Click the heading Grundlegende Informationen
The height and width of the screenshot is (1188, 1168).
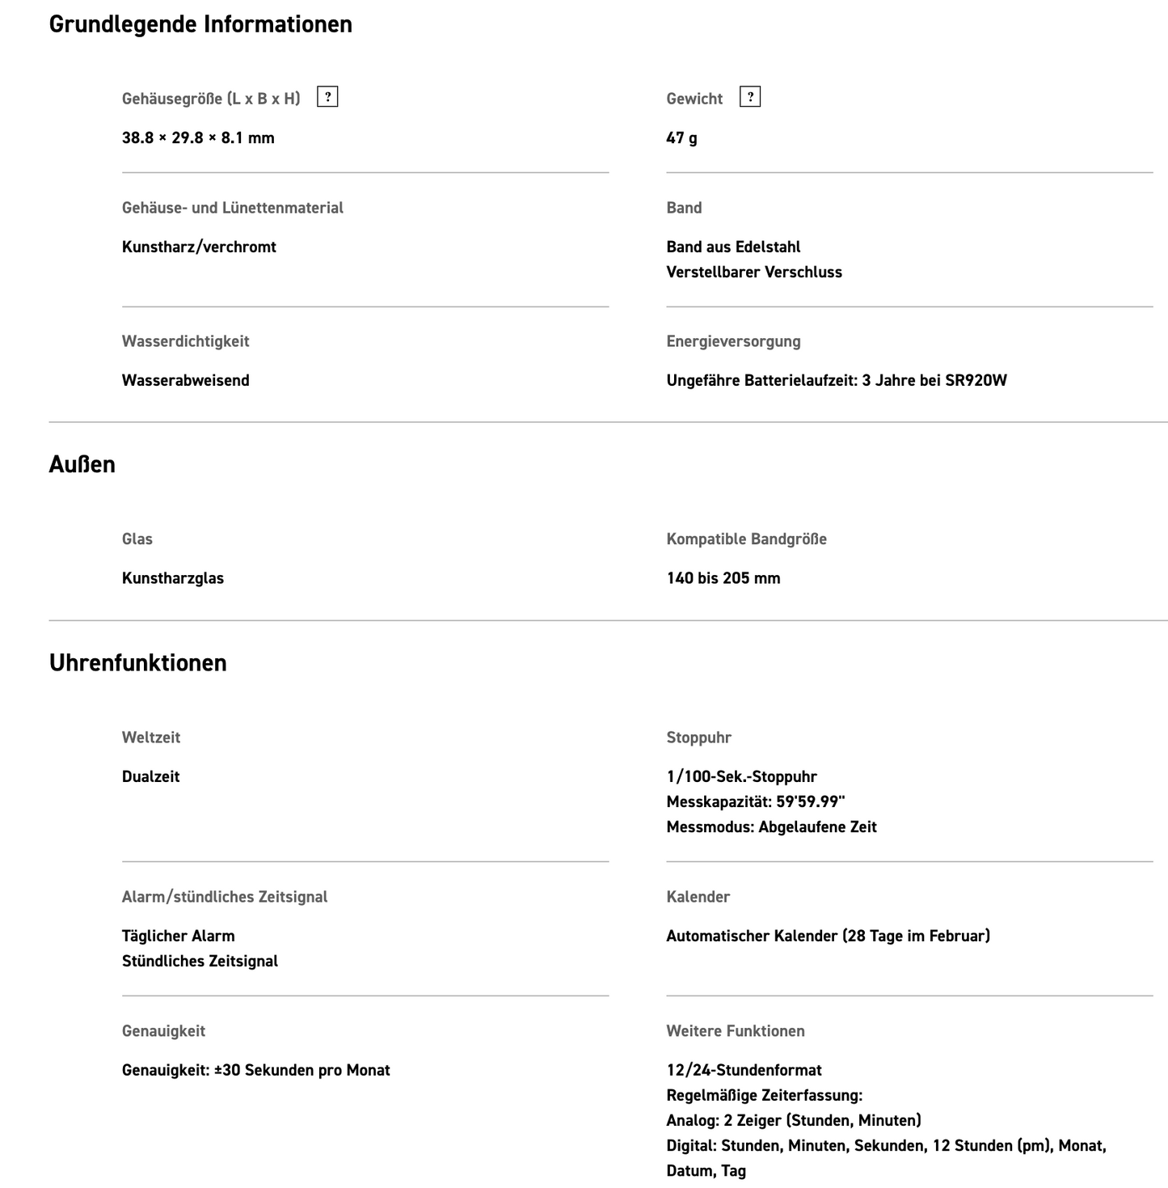point(200,24)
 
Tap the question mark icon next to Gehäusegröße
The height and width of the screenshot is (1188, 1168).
point(327,97)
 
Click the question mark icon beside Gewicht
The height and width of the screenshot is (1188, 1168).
point(750,97)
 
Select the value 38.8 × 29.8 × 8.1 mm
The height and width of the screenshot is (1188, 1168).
point(198,137)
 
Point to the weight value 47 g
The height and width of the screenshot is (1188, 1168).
point(681,137)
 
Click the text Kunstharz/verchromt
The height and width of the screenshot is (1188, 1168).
point(199,247)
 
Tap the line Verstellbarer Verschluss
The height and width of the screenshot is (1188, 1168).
point(753,272)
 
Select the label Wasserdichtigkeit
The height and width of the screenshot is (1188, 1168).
point(185,341)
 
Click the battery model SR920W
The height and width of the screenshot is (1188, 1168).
point(976,380)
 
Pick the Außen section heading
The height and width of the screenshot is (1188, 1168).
point(82,464)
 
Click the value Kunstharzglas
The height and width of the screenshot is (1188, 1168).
point(172,578)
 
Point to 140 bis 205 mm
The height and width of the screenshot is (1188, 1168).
point(723,578)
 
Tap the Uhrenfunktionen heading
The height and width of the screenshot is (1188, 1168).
point(137,663)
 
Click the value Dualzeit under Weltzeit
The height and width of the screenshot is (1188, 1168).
point(150,776)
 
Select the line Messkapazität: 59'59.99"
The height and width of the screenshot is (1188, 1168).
point(755,801)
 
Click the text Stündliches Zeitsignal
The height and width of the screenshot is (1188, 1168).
point(200,961)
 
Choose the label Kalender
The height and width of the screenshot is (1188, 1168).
point(698,897)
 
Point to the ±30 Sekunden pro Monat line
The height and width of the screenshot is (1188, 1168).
point(255,1070)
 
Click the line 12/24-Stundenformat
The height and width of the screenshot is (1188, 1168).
point(744,1070)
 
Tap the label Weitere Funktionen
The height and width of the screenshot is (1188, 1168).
point(735,1031)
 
